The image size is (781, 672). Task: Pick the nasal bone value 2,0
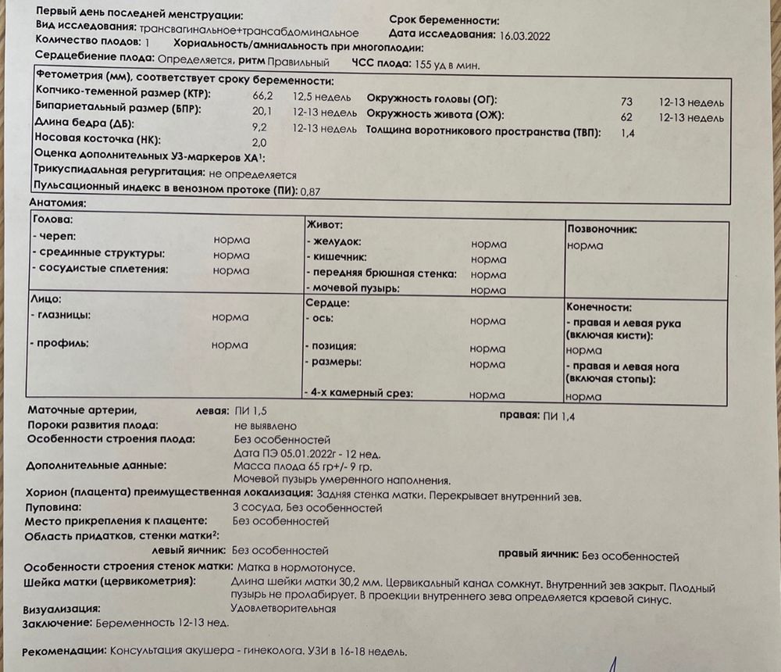click(259, 141)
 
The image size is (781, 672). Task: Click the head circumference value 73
click(626, 102)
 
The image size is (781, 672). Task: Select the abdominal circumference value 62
click(626, 117)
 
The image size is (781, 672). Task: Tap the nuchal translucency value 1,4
click(626, 134)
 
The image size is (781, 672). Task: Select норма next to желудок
click(488, 244)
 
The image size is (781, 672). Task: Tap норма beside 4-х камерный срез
click(487, 395)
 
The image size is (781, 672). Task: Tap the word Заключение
click(57, 624)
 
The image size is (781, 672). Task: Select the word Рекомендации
click(63, 652)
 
